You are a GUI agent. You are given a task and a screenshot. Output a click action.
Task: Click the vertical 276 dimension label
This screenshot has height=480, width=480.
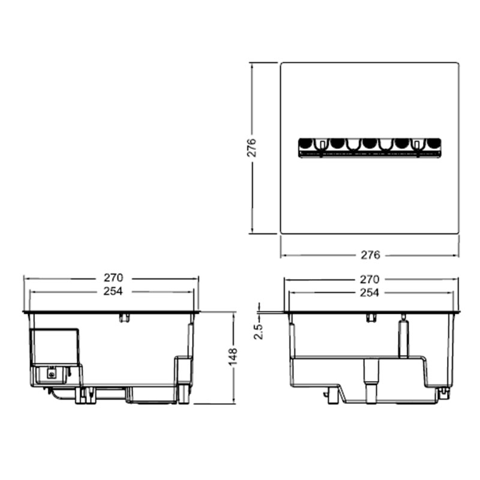(251, 148)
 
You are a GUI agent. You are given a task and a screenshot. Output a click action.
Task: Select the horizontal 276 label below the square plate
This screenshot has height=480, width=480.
(370, 255)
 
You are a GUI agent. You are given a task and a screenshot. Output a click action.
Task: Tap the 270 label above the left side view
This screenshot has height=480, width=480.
(113, 278)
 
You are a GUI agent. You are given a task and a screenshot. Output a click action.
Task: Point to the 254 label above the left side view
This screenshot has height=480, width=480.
(113, 291)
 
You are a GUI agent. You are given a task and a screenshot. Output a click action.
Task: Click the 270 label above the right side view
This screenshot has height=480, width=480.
(370, 279)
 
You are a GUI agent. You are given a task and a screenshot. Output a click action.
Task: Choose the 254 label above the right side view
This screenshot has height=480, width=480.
(370, 293)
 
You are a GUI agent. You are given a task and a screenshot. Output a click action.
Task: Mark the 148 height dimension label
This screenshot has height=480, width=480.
(233, 356)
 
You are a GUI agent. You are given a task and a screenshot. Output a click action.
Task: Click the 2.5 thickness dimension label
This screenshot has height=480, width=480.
(258, 331)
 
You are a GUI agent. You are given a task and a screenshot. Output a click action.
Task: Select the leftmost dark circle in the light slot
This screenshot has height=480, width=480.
(305, 143)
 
